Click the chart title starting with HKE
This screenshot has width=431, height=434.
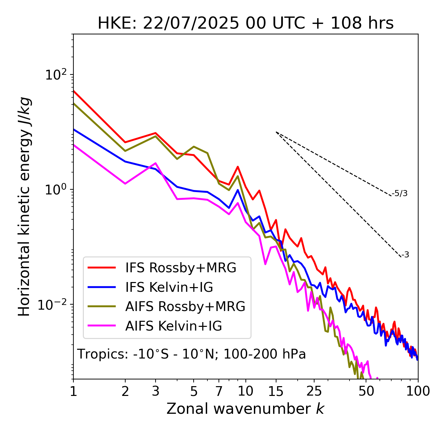click(245, 24)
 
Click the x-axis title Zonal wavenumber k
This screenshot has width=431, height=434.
click(245, 409)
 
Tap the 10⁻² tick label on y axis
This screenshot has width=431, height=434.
click(54, 305)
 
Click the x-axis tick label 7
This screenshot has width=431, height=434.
click(219, 391)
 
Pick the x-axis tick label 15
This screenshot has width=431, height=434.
click(276, 391)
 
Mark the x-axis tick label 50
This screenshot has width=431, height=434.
click(366, 391)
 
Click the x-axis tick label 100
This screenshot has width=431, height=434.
click(418, 391)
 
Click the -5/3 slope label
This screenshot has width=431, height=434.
click(400, 194)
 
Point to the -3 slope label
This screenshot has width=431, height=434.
click(405, 255)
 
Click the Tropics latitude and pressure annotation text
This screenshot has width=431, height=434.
click(192, 354)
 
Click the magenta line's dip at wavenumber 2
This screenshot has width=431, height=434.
click(125, 184)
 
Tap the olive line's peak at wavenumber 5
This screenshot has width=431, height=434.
click(194, 147)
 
